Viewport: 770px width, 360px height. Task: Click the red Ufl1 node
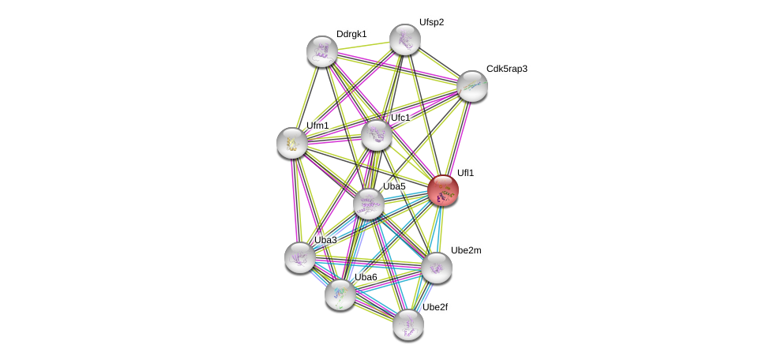pos(443,190)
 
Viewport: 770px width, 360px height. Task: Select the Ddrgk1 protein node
pos(322,51)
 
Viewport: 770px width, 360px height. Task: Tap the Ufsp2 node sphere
pos(405,39)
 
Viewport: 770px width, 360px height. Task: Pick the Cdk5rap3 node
pos(472,86)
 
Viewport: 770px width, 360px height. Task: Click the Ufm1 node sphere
pos(292,143)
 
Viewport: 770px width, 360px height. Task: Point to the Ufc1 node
pos(377,135)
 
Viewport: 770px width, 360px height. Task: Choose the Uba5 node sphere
pos(368,204)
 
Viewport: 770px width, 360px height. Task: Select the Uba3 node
pos(300,257)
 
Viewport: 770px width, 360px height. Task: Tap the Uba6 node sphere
pos(340,294)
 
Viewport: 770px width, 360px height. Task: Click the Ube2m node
pos(437,268)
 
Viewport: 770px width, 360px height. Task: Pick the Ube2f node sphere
pos(408,324)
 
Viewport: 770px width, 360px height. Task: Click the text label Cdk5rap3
pos(506,69)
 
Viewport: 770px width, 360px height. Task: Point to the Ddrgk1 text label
pos(351,34)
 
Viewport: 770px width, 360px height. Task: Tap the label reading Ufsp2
pos(431,22)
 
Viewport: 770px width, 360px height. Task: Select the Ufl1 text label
pos(465,173)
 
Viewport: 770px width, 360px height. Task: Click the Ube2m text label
pos(466,250)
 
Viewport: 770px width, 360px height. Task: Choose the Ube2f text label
pos(438,307)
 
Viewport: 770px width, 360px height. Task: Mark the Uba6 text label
pos(366,277)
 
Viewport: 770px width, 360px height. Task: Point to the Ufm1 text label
pos(317,125)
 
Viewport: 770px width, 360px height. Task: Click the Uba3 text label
pos(325,240)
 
